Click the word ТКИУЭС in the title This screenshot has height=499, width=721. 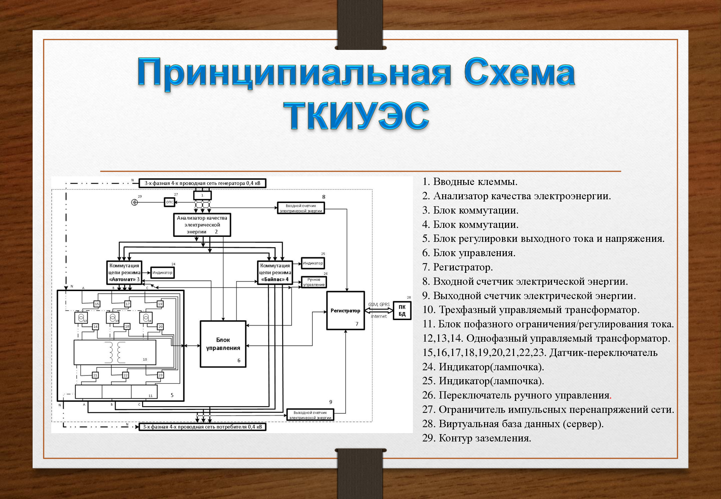coord(356,115)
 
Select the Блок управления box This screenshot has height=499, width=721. coord(223,344)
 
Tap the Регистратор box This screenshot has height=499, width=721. coord(345,310)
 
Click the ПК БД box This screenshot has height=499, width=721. coord(402,310)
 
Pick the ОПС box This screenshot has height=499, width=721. coord(169,202)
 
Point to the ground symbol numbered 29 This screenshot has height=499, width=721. coord(134,202)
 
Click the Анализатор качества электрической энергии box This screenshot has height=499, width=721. coord(202,225)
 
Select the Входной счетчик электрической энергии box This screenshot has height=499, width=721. coord(301,208)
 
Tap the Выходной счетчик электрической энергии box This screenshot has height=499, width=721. coord(310,415)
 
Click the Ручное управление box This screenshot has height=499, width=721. coord(314,282)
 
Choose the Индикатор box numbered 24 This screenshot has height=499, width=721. coord(162,272)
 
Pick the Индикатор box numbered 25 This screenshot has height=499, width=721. coord(313,263)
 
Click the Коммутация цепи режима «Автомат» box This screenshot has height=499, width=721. coord(124,272)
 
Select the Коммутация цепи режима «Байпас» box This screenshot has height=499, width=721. coord(275,272)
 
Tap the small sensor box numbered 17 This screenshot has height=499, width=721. coord(127,304)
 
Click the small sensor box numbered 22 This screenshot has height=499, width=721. coord(125,375)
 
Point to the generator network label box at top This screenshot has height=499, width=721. coord(202,183)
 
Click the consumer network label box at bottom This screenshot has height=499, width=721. coord(202,426)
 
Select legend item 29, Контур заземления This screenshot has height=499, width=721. coord(476,438)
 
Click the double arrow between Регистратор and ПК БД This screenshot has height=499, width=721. coord(379,310)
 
